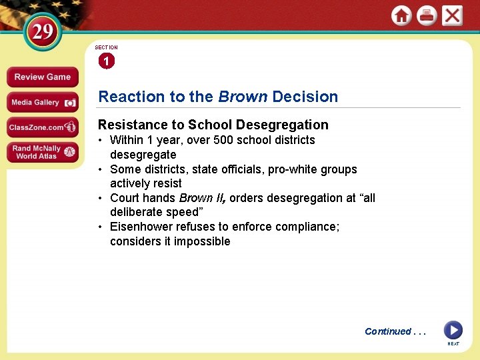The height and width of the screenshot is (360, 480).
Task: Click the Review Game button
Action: (x=42, y=77)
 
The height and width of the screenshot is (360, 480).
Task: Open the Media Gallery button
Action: (x=43, y=103)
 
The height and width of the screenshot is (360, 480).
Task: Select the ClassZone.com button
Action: (x=43, y=127)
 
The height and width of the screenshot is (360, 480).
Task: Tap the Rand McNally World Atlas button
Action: (x=43, y=153)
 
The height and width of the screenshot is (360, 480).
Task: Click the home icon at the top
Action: (x=401, y=16)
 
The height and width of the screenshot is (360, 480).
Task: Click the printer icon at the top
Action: (x=427, y=16)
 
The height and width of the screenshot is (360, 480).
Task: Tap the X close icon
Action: (x=452, y=16)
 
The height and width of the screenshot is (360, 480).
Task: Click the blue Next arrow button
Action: (x=453, y=330)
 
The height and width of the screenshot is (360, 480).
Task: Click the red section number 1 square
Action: (x=106, y=61)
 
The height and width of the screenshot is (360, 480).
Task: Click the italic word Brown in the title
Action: (x=243, y=97)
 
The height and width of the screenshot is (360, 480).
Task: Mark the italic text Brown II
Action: (x=197, y=198)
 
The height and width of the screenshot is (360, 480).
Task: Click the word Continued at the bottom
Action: (x=387, y=331)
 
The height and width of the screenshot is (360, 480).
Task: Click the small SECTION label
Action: (x=106, y=47)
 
